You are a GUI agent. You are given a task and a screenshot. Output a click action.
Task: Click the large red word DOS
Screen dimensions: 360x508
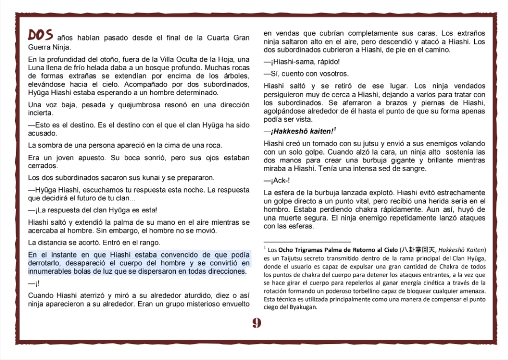pyautogui.click(x=41, y=35)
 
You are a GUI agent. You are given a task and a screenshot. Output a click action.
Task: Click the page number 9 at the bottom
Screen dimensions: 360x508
pyautogui.click(x=256, y=323)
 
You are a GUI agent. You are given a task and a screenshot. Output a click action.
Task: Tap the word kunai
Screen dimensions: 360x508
pyautogui.click(x=136, y=178)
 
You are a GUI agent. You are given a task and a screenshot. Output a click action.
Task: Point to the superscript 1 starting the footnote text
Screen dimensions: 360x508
pyautogui.click(x=265, y=249)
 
